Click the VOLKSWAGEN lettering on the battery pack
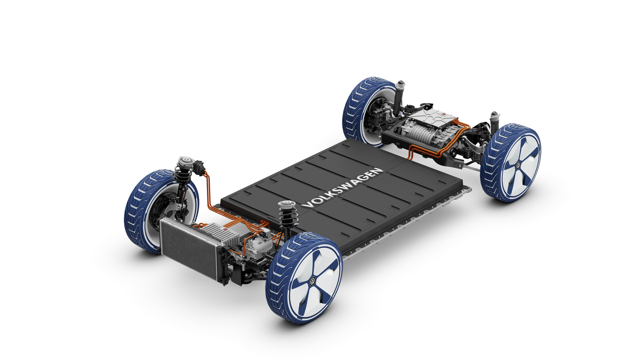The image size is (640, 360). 342,188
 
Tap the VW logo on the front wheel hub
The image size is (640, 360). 312,281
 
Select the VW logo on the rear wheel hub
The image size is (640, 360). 518,165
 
